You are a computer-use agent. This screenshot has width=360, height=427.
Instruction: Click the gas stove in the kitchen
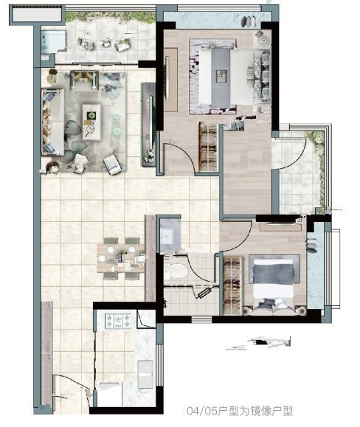coord(118,321)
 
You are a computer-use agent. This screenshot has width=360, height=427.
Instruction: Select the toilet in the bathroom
coord(176,271)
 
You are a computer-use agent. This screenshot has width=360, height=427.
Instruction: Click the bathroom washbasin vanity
coord(170,235)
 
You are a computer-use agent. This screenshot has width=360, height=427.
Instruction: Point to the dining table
coord(121,258)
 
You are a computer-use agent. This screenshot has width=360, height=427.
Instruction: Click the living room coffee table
coord(91,122)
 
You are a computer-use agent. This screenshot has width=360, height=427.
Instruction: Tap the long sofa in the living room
coord(52,122)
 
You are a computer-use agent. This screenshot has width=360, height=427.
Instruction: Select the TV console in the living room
coord(148,125)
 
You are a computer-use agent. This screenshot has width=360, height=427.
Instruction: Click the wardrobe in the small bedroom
coord(232,285)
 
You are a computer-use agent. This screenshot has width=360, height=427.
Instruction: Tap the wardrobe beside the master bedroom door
coord(208,147)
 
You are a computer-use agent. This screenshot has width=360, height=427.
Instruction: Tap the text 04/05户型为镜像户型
coord(240,411)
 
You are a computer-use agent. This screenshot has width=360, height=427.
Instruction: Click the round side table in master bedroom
coord(263,41)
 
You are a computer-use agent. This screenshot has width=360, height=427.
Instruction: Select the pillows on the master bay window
coord(249,21)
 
